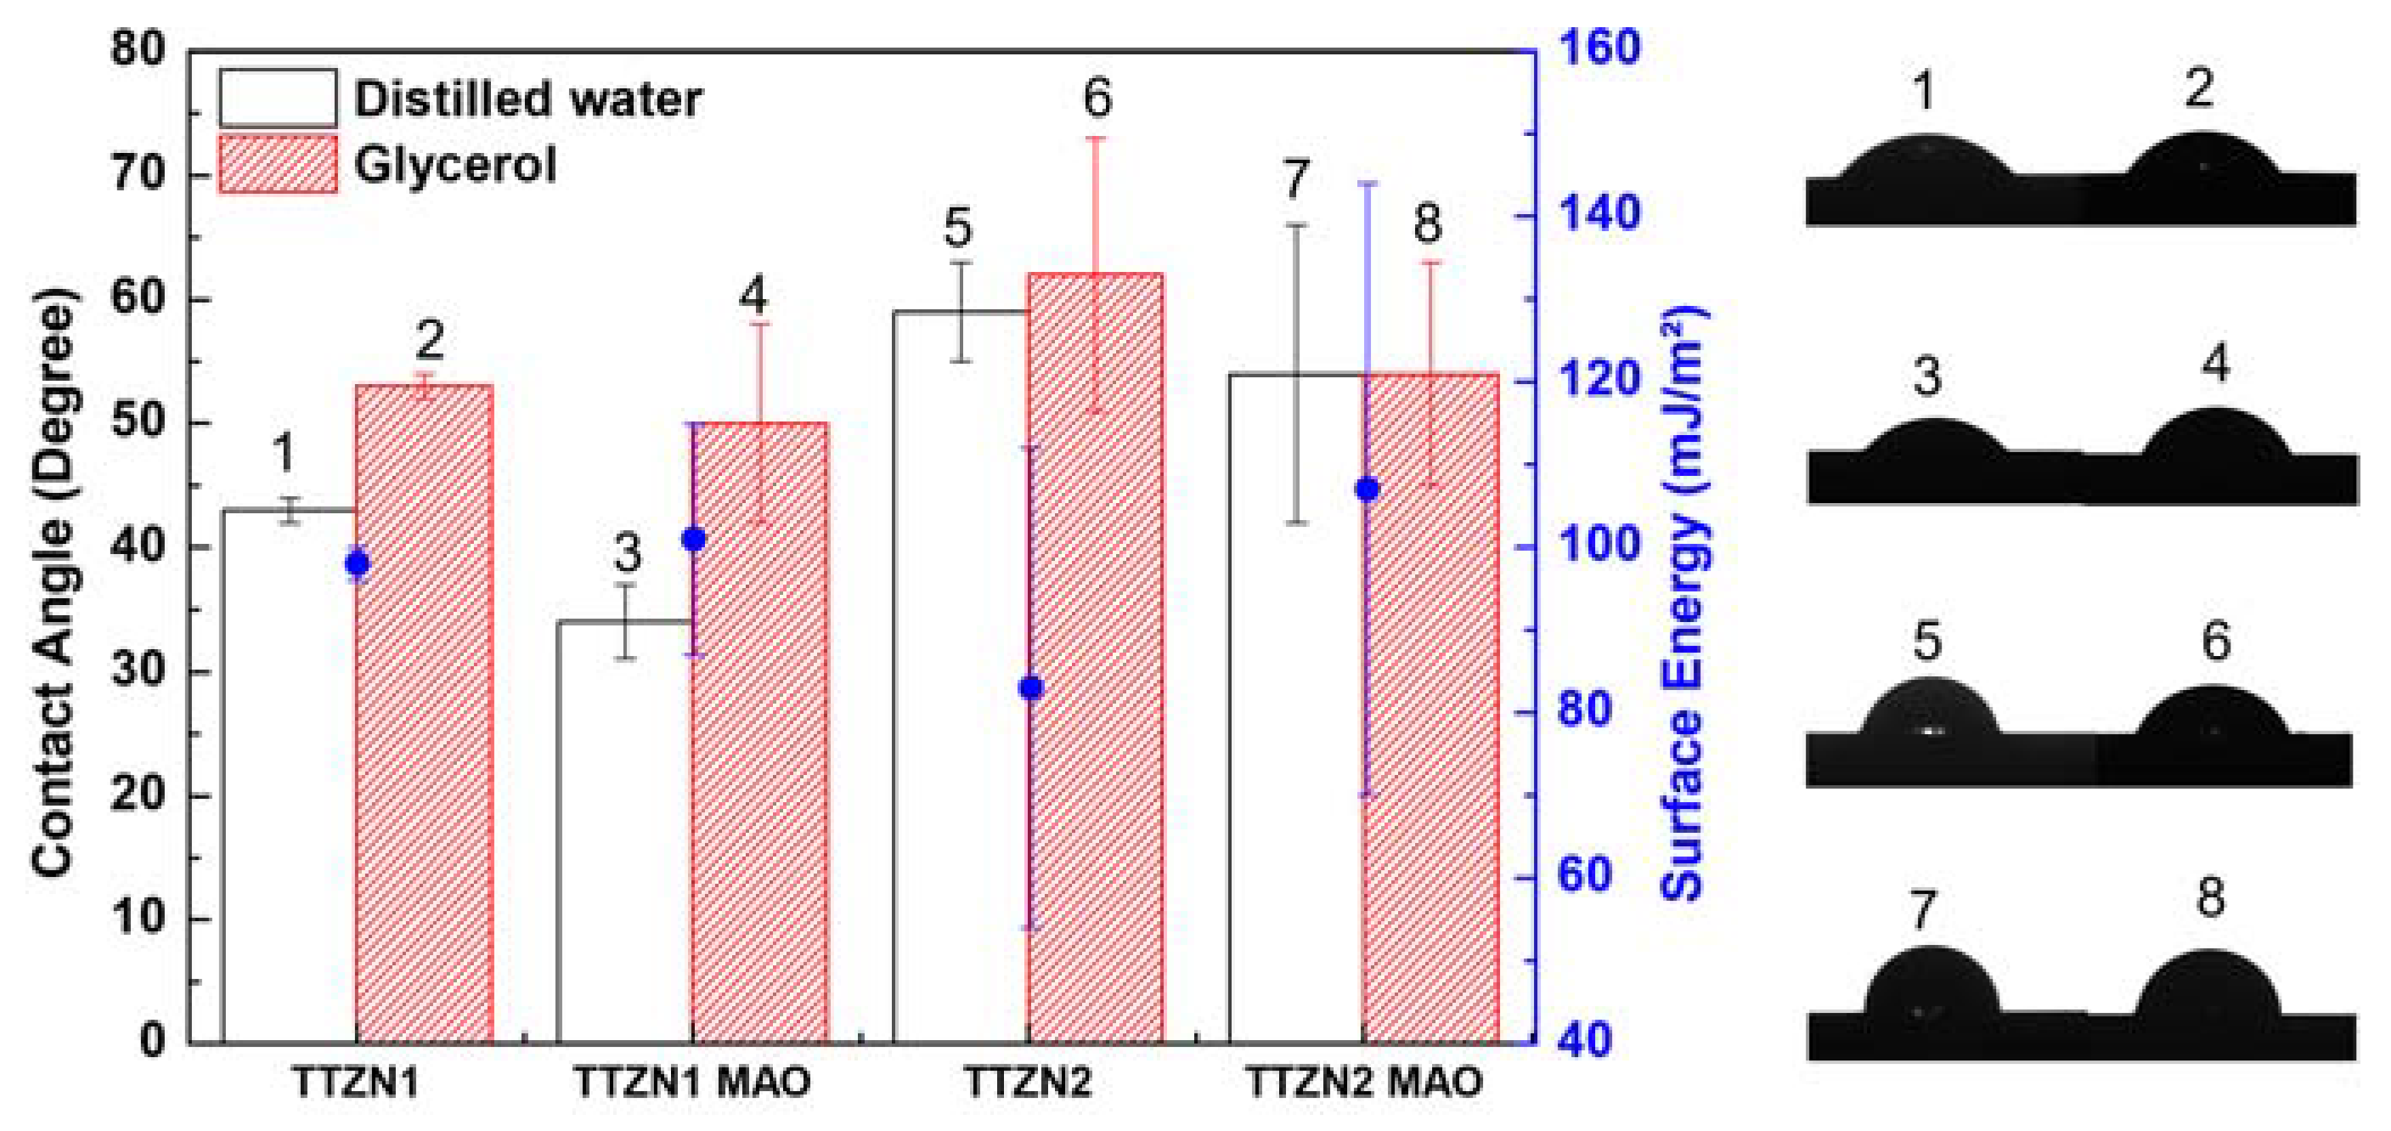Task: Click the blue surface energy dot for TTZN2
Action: click(x=1030, y=688)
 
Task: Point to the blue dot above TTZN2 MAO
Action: click(x=1367, y=489)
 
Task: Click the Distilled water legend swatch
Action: click(x=278, y=99)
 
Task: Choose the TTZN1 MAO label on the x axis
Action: click(x=692, y=1083)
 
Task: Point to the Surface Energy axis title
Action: click(x=1682, y=603)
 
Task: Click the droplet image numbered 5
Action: click(x=1929, y=720)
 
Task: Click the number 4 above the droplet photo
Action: click(x=2215, y=364)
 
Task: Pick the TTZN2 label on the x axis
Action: click(x=1029, y=1083)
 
